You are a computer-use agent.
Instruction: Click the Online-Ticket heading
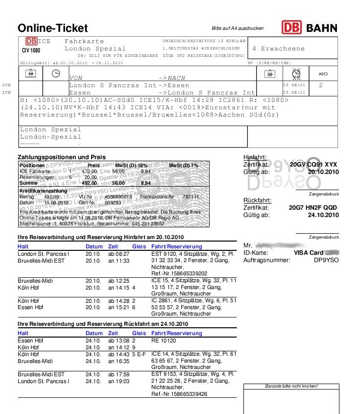(x=53, y=28)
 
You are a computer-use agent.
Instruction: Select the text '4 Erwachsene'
(x=278, y=49)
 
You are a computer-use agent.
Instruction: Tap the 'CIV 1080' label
(x=31, y=50)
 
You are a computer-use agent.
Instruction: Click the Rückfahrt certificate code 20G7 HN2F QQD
(x=313, y=207)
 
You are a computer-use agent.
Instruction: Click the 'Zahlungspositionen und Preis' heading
(x=62, y=157)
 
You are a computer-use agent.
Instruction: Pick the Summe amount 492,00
(x=90, y=183)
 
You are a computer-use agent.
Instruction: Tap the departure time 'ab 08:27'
(x=119, y=254)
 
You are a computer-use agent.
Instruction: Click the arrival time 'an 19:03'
(x=119, y=381)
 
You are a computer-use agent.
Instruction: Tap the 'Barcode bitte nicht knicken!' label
(x=291, y=386)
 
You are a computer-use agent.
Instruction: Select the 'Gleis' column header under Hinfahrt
(x=139, y=246)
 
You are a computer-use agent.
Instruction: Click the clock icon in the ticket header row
(x=56, y=73)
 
